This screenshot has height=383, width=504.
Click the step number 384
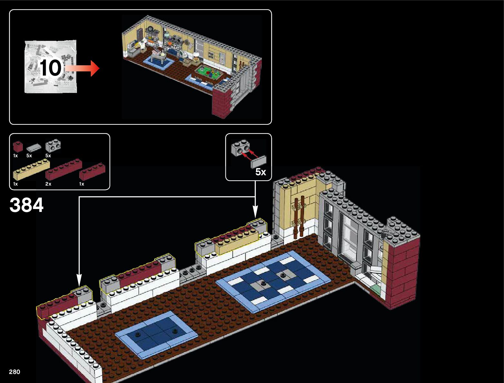pyautogui.click(x=26, y=205)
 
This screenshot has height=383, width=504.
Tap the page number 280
pyautogui.click(x=14, y=372)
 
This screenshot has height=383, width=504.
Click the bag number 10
pyautogui.click(x=51, y=68)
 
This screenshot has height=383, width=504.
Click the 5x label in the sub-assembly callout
pyautogui.click(x=261, y=172)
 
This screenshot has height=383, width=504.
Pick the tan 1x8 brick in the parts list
pyautogui.click(x=31, y=169)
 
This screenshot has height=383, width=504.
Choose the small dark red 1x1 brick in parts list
pyautogui.click(x=18, y=147)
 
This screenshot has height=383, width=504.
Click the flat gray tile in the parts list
pyautogui.click(x=33, y=148)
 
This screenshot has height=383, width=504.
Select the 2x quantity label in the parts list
pyautogui.click(x=48, y=184)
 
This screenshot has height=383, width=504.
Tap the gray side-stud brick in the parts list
pyautogui.click(x=53, y=146)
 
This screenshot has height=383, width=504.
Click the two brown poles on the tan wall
pyautogui.click(x=299, y=217)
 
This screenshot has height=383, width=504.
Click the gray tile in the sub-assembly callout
pyautogui.click(x=259, y=161)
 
